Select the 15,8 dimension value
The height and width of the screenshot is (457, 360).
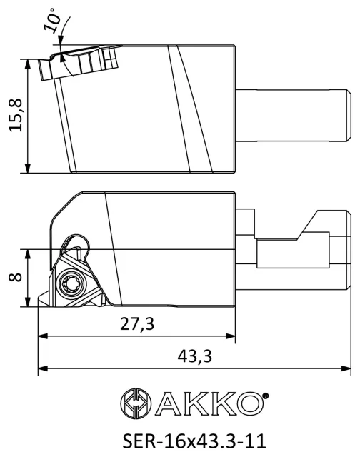[16, 115]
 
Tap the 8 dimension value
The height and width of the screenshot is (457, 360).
[16, 277]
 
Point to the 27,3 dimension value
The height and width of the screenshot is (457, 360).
[137, 323]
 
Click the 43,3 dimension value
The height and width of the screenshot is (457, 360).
[195, 356]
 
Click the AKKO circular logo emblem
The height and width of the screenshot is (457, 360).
[136, 403]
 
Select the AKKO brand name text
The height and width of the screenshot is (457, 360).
[209, 403]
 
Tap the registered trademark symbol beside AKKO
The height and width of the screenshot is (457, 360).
[265, 396]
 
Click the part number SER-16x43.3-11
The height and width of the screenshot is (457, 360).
[194, 441]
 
